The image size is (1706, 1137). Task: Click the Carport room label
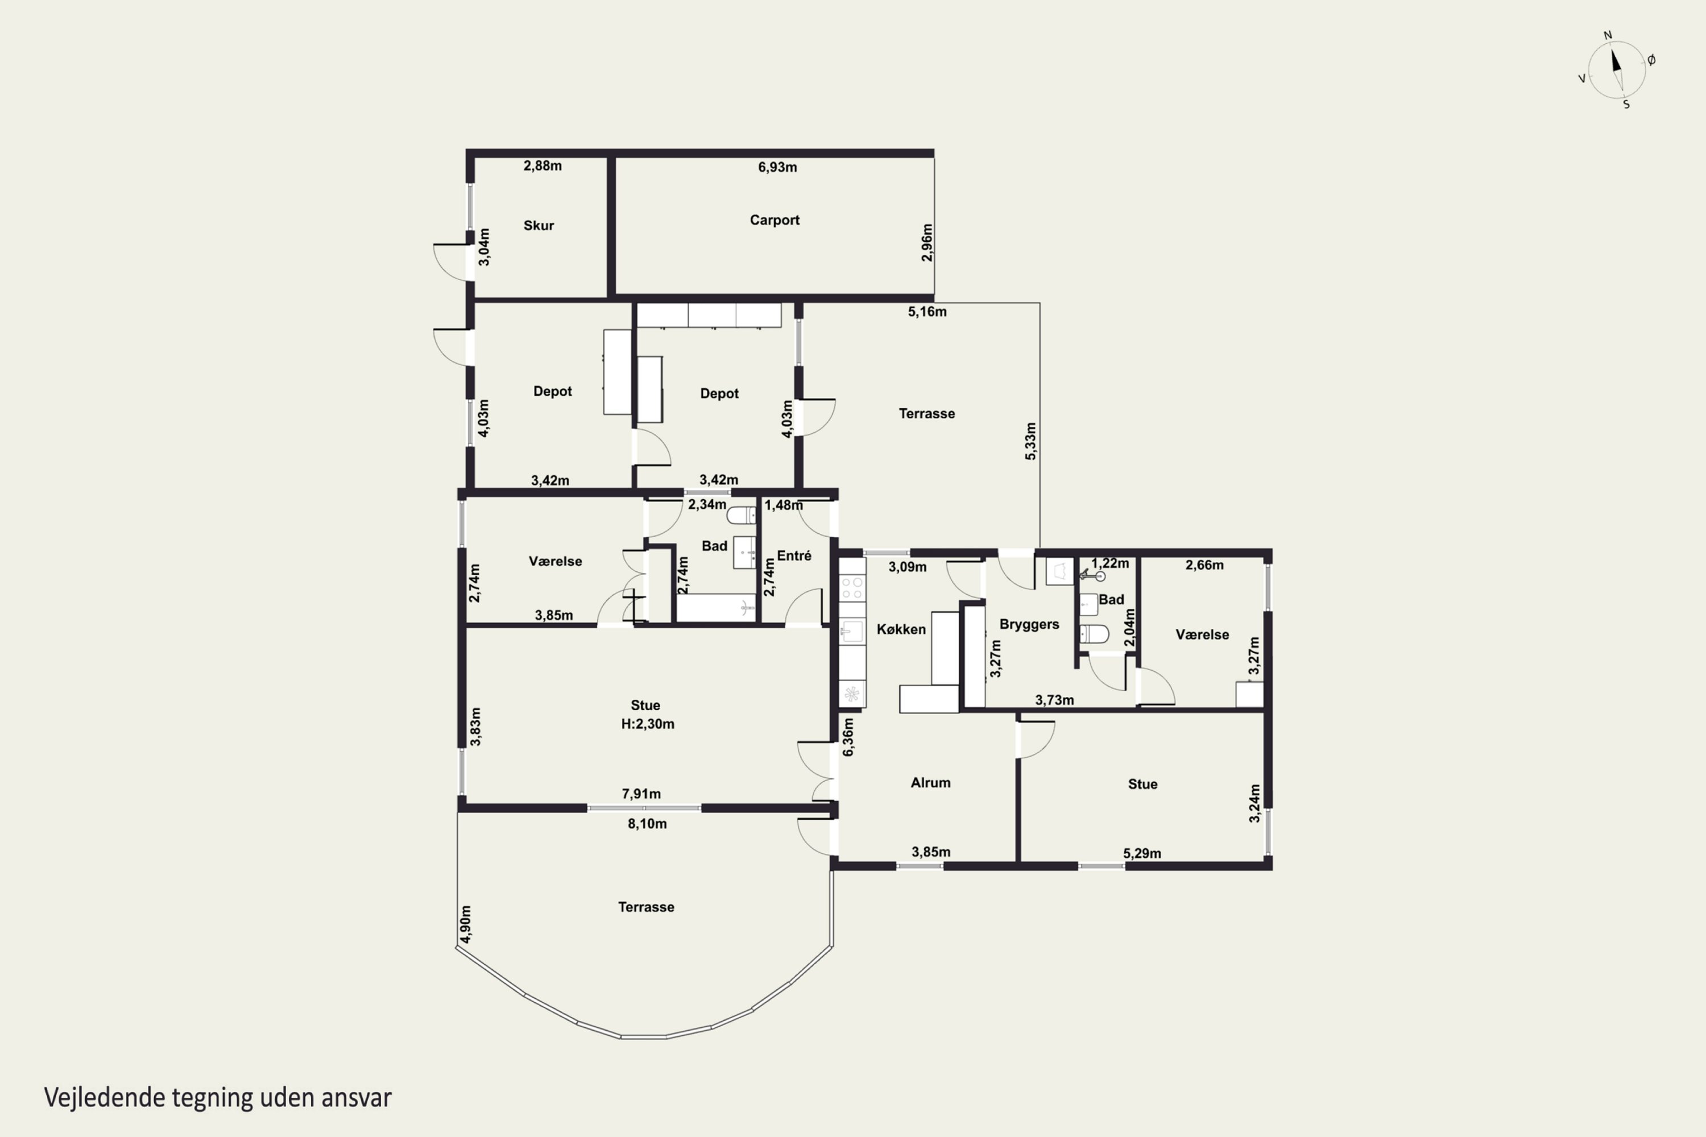tap(775, 219)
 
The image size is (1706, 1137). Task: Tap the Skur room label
tap(539, 226)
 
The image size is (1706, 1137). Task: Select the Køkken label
tap(901, 629)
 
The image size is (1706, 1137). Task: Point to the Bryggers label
tap(1029, 624)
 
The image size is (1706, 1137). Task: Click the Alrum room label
tap(930, 782)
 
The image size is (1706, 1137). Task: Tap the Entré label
tap(794, 555)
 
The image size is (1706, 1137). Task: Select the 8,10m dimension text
tap(647, 824)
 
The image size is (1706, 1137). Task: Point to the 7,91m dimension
tap(641, 794)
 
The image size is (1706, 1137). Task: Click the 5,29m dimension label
tap(1142, 853)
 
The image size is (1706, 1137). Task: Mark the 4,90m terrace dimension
tap(466, 924)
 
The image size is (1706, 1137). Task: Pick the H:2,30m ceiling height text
tap(648, 724)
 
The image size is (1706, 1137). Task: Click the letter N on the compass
tap(1608, 35)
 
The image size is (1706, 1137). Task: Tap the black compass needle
tap(1616, 60)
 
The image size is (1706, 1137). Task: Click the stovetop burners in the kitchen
tap(852, 588)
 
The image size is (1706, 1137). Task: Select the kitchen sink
tap(852, 632)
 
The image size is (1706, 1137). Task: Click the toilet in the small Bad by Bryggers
tap(1094, 634)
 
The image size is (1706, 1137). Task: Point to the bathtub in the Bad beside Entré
tap(717, 608)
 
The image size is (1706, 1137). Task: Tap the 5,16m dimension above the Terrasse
tap(927, 312)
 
